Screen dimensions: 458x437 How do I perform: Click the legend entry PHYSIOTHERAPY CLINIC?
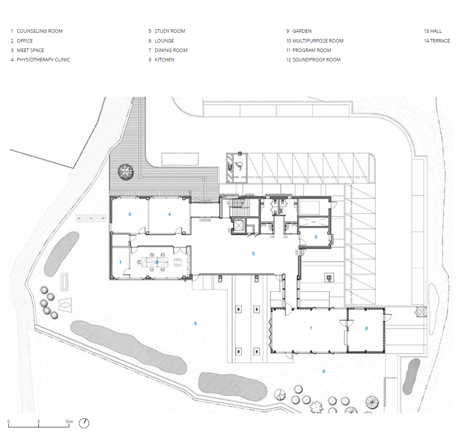(43, 59)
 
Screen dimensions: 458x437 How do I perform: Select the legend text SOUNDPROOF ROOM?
(316, 59)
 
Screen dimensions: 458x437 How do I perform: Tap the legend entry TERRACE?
(440, 41)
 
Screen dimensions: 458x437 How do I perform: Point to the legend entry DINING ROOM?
(171, 50)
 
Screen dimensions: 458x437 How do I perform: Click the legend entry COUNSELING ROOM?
(40, 31)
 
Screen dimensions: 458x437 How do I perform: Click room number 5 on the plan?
(130, 214)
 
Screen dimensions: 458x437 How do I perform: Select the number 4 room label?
(169, 214)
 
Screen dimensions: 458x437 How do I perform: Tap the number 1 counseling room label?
(120, 262)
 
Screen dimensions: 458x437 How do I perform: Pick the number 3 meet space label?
(253, 254)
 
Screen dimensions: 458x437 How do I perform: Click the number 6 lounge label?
(316, 237)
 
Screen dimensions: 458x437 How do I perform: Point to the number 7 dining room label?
(311, 329)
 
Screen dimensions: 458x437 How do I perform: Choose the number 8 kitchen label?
(366, 329)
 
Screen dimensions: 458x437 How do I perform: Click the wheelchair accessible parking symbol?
(239, 166)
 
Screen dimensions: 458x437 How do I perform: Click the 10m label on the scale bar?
(69, 421)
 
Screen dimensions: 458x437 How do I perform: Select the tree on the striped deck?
(125, 171)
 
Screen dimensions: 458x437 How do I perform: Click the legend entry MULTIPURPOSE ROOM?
(318, 41)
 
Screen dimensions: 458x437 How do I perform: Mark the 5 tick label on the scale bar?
(38, 421)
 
